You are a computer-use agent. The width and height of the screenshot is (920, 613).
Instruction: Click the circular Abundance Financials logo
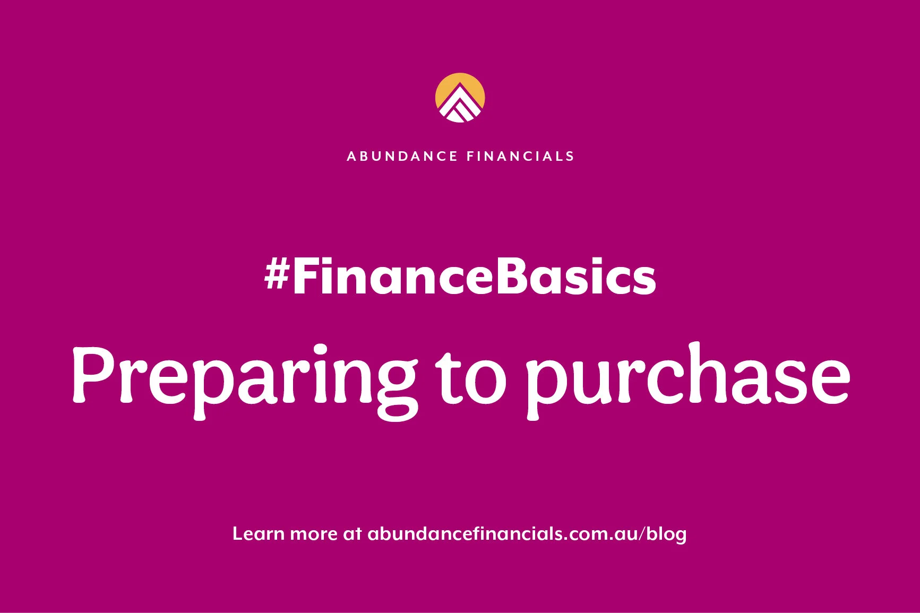(x=460, y=98)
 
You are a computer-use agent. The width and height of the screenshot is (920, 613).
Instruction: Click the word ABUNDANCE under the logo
(x=402, y=156)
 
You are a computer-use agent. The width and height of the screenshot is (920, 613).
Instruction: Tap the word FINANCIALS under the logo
(x=520, y=156)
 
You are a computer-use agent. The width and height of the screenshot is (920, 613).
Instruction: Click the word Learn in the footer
(x=258, y=533)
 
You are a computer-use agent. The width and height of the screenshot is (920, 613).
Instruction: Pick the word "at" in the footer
(x=352, y=534)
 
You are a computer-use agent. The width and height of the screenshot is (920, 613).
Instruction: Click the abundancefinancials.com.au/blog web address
(x=527, y=534)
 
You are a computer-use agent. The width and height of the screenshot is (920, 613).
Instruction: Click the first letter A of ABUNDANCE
(x=351, y=156)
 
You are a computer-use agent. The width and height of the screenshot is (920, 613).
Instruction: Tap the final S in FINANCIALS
(x=570, y=156)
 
